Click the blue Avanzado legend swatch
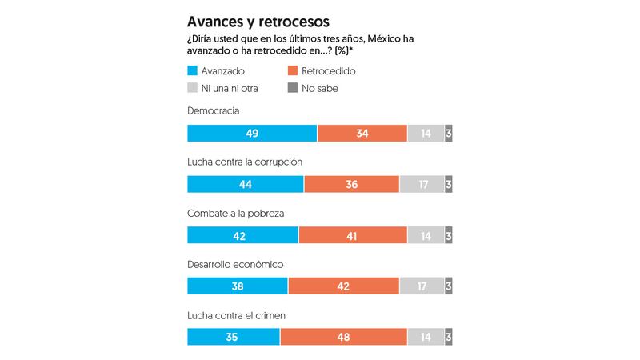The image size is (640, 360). (192, 71)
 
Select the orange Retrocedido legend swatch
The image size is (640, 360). (292, 71)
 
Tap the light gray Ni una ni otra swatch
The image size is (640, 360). (192, 88)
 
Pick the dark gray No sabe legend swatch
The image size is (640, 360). (292, 88)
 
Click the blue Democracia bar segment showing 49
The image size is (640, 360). (252, 134)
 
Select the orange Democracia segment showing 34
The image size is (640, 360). (362, 134)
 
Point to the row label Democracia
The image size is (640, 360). (214, 110)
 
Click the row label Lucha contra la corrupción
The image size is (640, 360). (244, 162)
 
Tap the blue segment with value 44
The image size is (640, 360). (246, 185)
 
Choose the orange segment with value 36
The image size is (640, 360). (351, 185)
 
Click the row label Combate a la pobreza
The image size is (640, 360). (235, 213)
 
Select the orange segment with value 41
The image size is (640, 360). (353, 236)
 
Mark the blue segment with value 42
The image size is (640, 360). (242, 236)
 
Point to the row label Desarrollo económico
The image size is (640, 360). (236, 264)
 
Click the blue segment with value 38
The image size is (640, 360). (238, 286)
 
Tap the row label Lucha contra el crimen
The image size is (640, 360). (237, 315)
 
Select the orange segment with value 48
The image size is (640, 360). (344, 338)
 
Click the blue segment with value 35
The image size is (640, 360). (234, 338)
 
